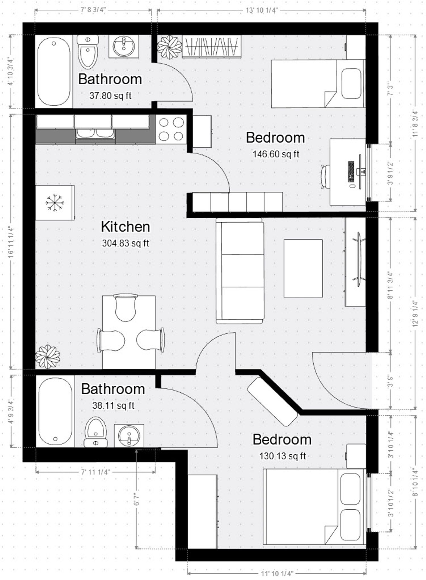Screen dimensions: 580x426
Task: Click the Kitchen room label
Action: point(125,227)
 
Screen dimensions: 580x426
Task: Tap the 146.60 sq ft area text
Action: point(276,154)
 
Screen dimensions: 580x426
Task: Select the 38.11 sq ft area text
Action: point(113,405)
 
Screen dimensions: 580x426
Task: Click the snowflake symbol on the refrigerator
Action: point(55,203)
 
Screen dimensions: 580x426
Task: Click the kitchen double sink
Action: point(95,134)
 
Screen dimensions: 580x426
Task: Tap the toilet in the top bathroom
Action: point(88,51)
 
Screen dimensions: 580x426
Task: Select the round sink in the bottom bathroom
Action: point(129,435)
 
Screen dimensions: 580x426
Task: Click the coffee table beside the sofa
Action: point(303,268)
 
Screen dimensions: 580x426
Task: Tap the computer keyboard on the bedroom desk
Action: point(351,171)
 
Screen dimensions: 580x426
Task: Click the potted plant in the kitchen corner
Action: point(48,357)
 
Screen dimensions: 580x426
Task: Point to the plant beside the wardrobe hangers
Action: point(170,47)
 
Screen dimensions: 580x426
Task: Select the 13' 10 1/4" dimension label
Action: point(261,11)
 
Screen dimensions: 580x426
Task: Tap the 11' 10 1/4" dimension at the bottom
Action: point(277,573)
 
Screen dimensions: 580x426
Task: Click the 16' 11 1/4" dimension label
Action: point(11,242)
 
